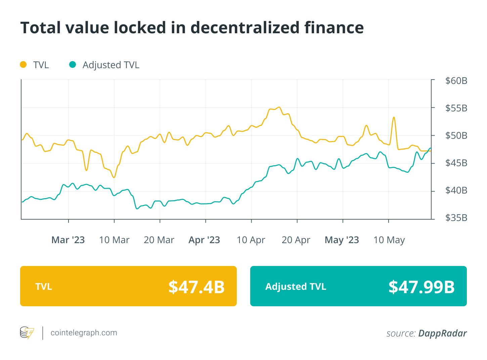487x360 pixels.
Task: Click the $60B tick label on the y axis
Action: point(456,81)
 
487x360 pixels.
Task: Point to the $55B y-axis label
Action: point(456,108)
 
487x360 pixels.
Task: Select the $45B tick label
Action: point(456,163)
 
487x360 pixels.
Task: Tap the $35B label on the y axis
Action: point(456,218)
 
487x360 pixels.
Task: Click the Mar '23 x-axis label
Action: point(68,240)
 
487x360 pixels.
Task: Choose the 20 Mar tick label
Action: point(159,240)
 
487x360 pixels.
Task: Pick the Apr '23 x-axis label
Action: point(204,240)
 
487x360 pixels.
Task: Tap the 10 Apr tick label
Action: point(251,240)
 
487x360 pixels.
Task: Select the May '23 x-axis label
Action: point(342,240)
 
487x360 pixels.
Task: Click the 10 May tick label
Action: point(389,240)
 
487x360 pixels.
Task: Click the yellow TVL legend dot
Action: point(23,64)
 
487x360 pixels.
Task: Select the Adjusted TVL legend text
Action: point(111,65)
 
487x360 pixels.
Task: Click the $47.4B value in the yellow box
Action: point(196,287)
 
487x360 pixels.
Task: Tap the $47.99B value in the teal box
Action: point(422,287)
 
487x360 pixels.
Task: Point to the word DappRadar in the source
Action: point(442,333)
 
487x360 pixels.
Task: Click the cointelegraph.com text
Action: point(84,333)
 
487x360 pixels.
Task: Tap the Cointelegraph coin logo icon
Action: point(27,333)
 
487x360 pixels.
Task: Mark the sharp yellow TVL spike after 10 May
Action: point(394,118)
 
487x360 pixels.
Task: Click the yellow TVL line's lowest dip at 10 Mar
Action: point(114,177)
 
